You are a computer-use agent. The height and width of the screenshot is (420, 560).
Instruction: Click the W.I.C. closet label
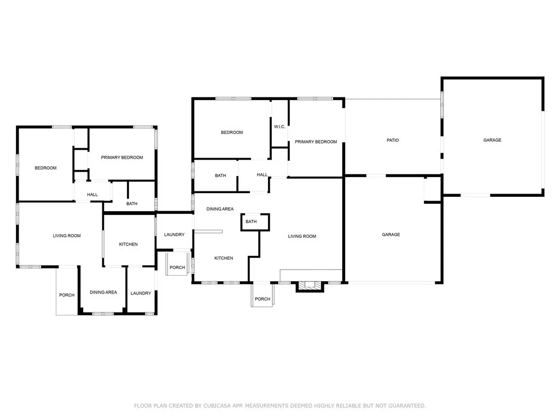point(279,127)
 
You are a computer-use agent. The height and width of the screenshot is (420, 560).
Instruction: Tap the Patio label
point(393,140)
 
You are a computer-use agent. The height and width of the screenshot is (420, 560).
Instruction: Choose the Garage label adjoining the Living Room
point(391,235)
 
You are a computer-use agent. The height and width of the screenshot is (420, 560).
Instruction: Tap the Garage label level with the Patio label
point(492,140)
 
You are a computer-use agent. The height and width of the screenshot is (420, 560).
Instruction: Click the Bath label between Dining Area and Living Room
point(251,221)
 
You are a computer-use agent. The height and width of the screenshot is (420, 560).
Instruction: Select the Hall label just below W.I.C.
point(262,175)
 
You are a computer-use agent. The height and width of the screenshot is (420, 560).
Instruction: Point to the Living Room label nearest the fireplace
point(302,236)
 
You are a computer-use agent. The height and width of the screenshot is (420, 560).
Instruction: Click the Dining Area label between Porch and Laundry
point(103,293)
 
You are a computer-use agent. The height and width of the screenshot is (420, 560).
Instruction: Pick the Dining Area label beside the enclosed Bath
point(220,209)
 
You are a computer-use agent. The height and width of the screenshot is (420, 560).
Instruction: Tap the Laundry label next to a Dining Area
point(141,293)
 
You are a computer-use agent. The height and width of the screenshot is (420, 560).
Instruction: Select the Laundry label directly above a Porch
point(174,235)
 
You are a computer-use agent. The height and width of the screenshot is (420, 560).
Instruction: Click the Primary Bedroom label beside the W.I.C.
point(316,142)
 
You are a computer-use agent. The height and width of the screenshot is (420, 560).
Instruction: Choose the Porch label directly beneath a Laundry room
point(177,267)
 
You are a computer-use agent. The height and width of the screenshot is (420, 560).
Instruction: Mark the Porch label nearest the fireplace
point(262,299)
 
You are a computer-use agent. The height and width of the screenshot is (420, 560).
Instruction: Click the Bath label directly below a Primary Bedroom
point(132,204)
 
